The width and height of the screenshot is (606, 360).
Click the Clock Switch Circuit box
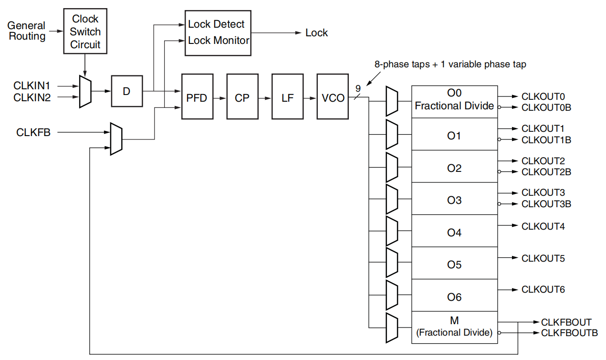(x=86, y=32)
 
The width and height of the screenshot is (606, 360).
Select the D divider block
(x=126, y=91)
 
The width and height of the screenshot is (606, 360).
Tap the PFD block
(x=197, y=97)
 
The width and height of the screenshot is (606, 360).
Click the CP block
(x=242, y=97)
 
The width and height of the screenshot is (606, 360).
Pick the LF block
(x=287, y=97)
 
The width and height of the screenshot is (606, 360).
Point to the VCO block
(x=333, y=97)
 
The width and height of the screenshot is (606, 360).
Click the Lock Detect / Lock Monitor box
(x=218, y=32)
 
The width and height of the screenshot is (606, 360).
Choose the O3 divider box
(x=454, y=200)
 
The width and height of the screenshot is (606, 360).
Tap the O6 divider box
(x=454, y=296)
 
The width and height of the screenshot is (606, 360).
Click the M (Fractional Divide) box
(x=454, y=327)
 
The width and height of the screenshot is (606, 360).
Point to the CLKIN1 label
(x=32, y=86)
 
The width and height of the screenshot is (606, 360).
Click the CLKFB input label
(x=33, y=133)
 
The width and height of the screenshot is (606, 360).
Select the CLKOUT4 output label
(x=543, y=226)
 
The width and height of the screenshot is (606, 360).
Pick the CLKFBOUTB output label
(x=569, y=333)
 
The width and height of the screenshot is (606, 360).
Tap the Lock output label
(x=317, y=33)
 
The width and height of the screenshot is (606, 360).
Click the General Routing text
(x=27, y=31)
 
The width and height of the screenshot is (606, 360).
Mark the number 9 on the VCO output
(x=358, y=88)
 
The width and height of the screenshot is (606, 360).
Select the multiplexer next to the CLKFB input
(x=116, y=139)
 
